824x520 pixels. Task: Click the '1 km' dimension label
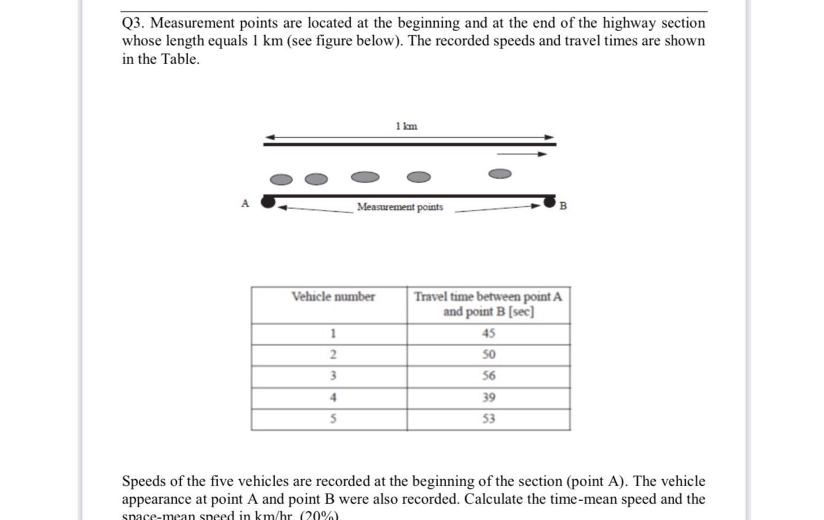[x=407, y=126]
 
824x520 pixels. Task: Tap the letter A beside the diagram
[x=245, y=203]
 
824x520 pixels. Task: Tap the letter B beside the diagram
[x=563, y=206]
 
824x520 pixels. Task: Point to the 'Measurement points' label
[x=400, y=207]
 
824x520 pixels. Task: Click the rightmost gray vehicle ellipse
[x=499, y=173]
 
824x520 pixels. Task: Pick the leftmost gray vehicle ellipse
[x=281, y=180]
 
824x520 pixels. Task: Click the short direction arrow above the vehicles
[x=522, y=154]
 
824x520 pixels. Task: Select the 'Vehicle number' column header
[x=333, y=297]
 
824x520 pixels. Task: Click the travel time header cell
[x=488, y=304]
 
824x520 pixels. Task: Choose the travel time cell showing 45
[x=488, y=333]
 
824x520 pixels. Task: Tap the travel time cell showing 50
[x=488, y=355]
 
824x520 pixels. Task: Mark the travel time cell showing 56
[x=488, y=376]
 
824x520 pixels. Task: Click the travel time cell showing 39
[x=488, y=397]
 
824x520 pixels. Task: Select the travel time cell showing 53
[x=488, y=419]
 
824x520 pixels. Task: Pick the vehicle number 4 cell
[x=333, y=397]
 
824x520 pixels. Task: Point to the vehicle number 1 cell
[x=333, y=333]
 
